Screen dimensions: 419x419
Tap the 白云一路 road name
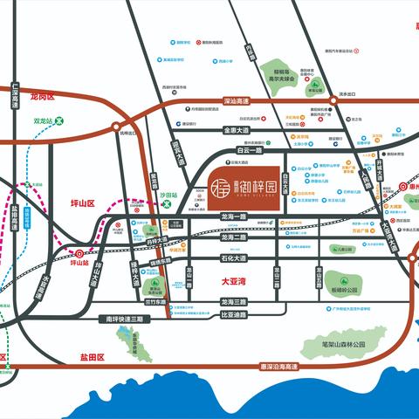click(x=251, y=150)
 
